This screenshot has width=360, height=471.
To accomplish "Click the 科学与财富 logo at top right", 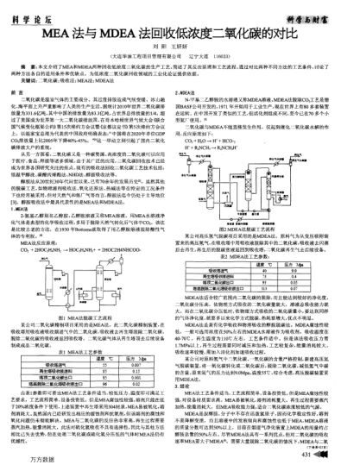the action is pos(327,9).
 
